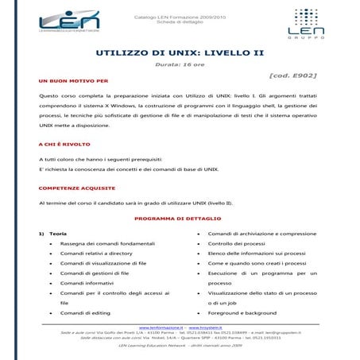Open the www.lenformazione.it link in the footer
pyautogui.click(x=161, y=327)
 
